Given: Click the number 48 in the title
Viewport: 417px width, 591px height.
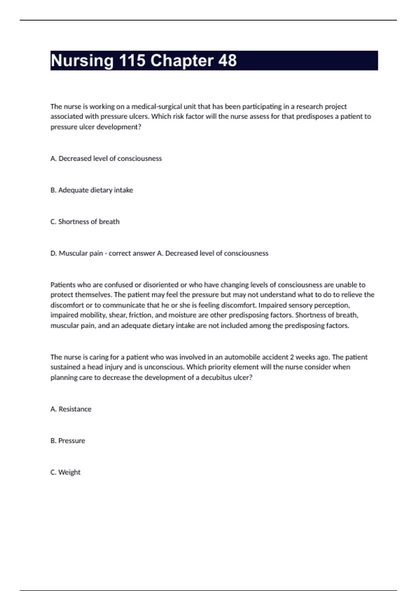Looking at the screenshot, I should [227, 61].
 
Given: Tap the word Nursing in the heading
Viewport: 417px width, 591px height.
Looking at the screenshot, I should [82, 61].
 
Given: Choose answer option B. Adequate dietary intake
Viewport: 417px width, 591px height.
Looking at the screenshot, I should [92, 190].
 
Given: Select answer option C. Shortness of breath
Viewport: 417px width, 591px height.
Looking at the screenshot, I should [85, 222].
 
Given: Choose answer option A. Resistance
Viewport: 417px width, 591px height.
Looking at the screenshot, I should [71, 409].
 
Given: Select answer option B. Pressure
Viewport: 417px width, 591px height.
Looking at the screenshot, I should [68, 441].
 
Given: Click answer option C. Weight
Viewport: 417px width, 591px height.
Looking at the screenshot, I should [65, 472].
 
